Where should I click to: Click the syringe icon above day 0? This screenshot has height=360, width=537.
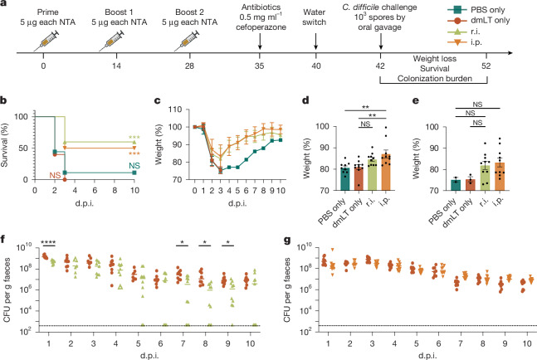pyautogui.click(x=46, y=41)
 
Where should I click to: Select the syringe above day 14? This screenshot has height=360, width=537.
pyautogui.click(x=112, y=41)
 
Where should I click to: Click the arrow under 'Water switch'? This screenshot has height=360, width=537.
pyautogui.click(x=315, y=41)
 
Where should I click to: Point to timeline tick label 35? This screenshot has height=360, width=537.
pyautogui.click(x=259, y=66)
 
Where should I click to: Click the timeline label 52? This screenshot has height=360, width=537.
pyautogui.click(x=486, y=66)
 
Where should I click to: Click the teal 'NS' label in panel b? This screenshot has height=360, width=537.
pyautogui.click(x=134, y=166)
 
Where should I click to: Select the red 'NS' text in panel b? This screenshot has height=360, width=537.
pyautogui.click(x=55, y=175)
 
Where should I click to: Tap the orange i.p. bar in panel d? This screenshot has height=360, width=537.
pyautogui.click(x=386, y=173)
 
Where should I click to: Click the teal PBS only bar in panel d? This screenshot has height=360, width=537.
pyautogui.click(x=345, y=179)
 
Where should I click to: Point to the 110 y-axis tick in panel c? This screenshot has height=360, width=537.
pyautogui.click(x=175, y=109)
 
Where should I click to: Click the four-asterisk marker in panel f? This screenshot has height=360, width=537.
pyautogui.click(x=48, y=243)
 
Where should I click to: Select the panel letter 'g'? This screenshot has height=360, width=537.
pyautogui.click(x=287, y=240)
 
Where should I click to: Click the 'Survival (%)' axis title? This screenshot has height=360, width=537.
pyautogui.click(x=4, y=145)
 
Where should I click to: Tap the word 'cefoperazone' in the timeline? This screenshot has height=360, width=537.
pyautogui.click(x=261, y=27)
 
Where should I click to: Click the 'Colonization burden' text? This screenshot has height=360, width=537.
pyautogui.click(x=435, y=79)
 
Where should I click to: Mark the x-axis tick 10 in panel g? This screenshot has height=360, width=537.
pyautogui.click(x=527, y=343)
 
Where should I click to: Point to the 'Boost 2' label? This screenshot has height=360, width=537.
pyautogui.click(x=189, y=12)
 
